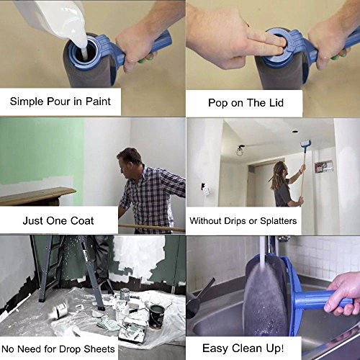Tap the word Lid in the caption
click(x=276, y=103)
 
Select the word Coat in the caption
click(x=82, y=221)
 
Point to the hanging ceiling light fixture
click(x=240, y=150)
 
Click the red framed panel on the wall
click(x=324, y=167)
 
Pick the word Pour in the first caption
click(x=58, y=102)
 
